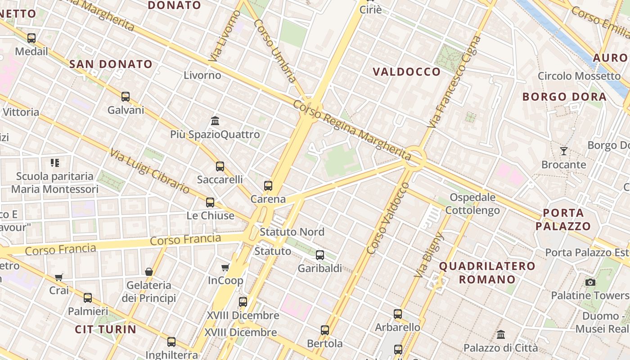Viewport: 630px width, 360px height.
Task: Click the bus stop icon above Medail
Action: click(31, 38)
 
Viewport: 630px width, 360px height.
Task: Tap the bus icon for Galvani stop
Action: click(126, 96)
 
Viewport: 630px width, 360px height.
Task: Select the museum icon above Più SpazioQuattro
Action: click(215, 121)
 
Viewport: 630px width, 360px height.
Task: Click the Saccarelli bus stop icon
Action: click(220, 166)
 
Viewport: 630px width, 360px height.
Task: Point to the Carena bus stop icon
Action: click(268, 185)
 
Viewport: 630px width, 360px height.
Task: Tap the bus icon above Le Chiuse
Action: click(210, 202)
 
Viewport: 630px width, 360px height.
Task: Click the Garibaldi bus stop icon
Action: click(320, 255)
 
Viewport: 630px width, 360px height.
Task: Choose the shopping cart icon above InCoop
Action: click(225, 268)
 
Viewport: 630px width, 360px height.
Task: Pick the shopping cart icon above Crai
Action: click(59, 277)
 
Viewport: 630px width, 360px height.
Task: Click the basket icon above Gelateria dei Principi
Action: click(149, 272)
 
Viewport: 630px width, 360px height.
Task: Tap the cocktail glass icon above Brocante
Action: click(563, 151)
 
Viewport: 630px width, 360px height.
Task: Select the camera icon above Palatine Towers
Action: click(590, 282)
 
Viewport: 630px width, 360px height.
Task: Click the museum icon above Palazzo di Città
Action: click(501, 334)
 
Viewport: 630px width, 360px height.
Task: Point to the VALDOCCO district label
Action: click(407, 72)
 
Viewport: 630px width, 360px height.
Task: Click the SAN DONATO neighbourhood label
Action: click(111, 64)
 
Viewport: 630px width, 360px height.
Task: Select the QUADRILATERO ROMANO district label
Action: click(487, 273)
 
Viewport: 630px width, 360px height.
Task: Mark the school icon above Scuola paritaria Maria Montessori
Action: click(55, 162)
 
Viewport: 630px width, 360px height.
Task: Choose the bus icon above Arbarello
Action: click(398, 314)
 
